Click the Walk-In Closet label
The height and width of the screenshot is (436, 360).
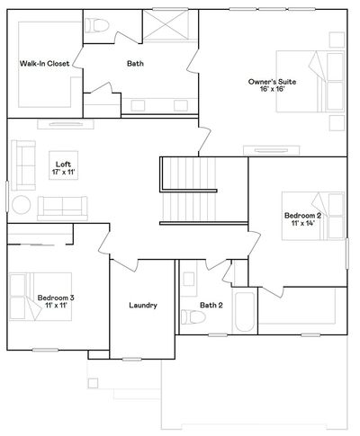[44, 64]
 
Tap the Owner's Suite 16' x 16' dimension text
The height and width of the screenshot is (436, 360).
[272, 89]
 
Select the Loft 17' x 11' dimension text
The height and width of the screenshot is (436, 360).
[63, 172]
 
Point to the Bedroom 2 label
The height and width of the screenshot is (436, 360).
[302, 216]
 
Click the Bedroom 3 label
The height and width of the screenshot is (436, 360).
[56, 298]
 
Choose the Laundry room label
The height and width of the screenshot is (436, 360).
[143, 306]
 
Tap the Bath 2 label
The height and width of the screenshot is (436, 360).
[211, 306]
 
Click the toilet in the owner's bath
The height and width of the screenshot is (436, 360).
[96, 26]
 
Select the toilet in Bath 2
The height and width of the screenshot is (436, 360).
[193, 316]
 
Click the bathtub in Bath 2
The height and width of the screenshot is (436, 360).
[245, 311]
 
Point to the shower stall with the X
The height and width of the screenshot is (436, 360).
[166, 25]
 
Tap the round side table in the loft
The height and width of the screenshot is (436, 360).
[22, 205]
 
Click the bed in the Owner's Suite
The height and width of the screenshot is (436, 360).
[310, 82]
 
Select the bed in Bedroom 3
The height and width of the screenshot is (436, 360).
[40, 297]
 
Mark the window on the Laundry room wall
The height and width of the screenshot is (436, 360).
[132, 359]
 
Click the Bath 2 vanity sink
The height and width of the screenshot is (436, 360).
[189, 279]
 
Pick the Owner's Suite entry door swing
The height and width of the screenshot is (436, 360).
[204, 141]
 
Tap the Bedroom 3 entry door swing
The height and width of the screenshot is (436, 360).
[103, 242]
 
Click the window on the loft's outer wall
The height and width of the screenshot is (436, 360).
[7, 196]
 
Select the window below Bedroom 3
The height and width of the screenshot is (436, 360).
[45, 350]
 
